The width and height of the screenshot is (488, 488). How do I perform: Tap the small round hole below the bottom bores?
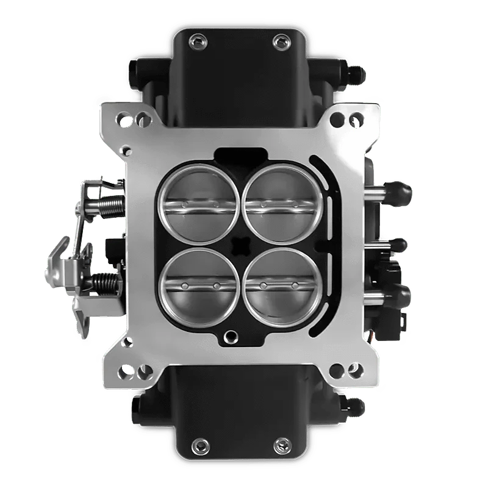tap(231, 334)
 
